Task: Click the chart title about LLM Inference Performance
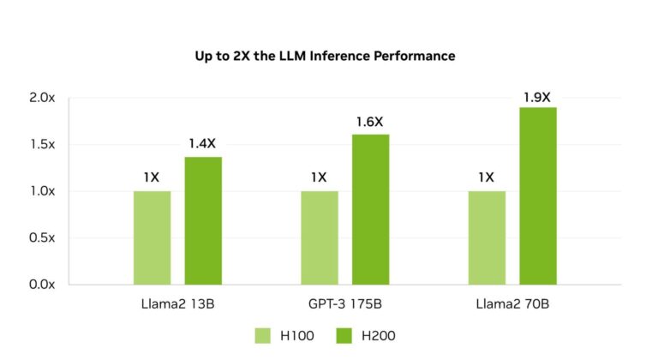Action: pos(325,56)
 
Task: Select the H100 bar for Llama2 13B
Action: pos(152,237)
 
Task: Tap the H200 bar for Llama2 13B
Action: pos(203,220)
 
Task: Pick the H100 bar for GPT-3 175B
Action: pos(319,237)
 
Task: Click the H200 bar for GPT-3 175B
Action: pos(370,209)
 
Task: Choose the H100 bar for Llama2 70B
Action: pos(486,237)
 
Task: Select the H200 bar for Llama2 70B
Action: pos(538,195)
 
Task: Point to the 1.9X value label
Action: pos(537,97)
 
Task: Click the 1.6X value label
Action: pos(370,123)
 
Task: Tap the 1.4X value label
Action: pos(203,146)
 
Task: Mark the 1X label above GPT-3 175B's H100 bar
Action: pos(319,178)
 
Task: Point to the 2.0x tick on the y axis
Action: pos(41,99)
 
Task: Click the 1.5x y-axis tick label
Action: pos(41,145)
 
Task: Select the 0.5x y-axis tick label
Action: pos(41,237)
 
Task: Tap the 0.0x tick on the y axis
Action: pos(41,284)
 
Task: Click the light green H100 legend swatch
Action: pos(263,334)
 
